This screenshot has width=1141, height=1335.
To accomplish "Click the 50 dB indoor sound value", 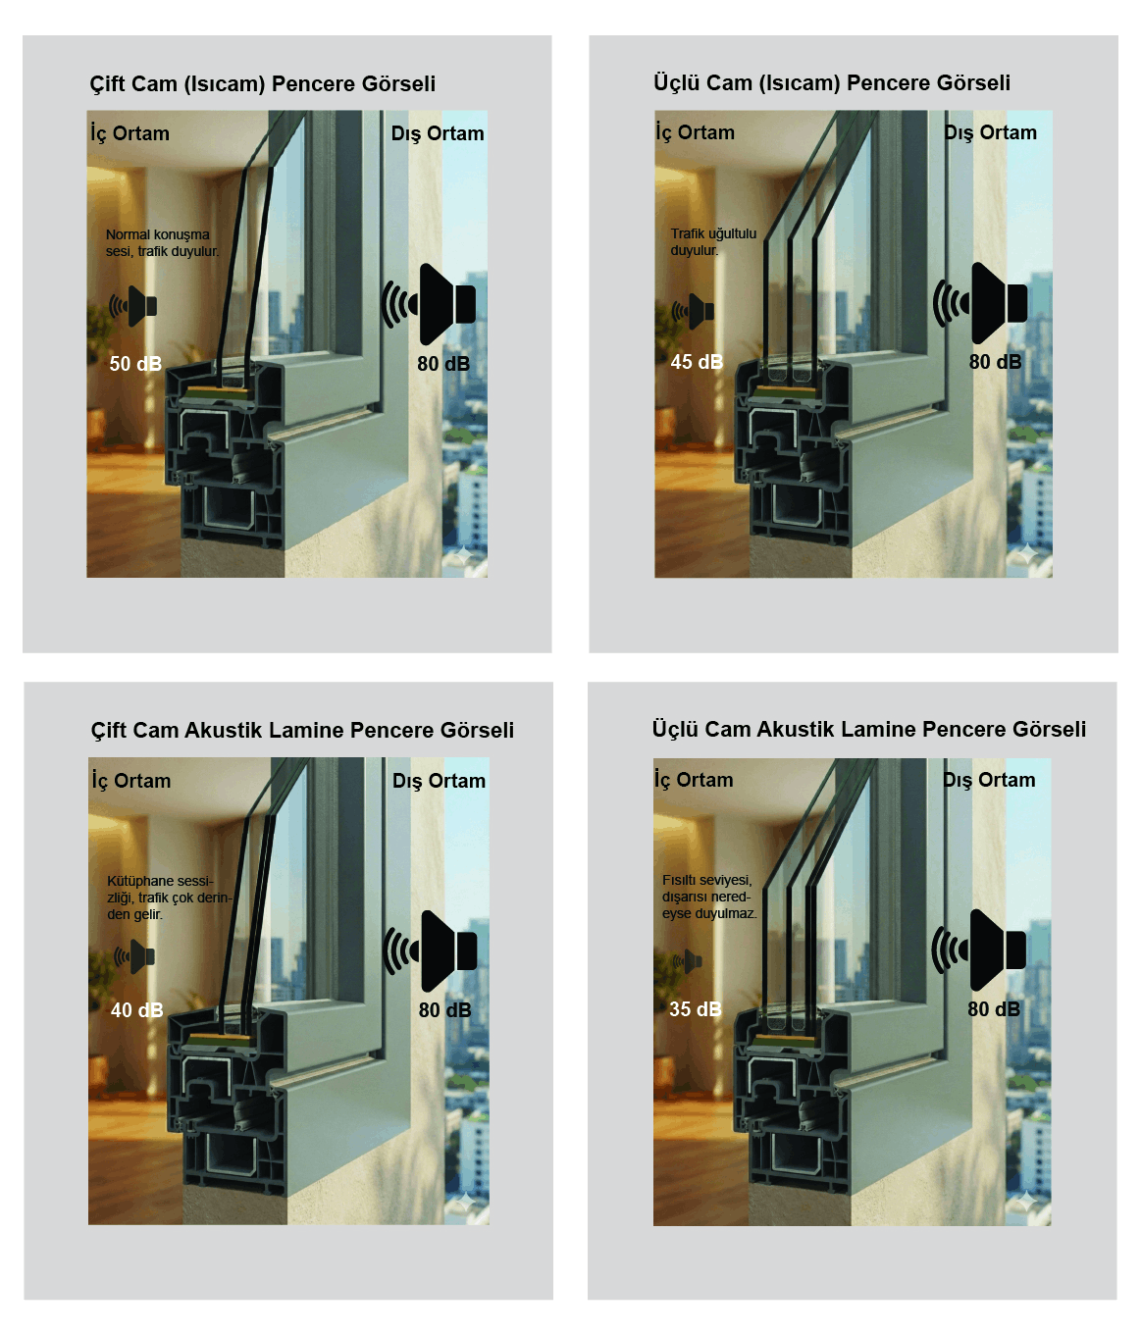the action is [x=135, y=364].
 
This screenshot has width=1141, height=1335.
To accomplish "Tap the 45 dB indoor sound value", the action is [x=697, y=362].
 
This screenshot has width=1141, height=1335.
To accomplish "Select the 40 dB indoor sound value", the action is [x=136, y=1010].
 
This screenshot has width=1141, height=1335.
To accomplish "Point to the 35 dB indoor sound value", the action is [x=696, y=1008].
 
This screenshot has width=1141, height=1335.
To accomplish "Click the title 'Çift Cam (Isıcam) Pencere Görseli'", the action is [x=262, y=84].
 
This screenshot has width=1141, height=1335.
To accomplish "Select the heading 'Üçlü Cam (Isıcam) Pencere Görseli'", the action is [x=832, y=82].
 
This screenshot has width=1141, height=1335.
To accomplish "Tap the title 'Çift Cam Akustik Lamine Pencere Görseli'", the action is [x=302, y=730].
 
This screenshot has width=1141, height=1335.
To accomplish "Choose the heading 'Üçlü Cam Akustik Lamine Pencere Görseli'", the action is [x=869, y=729].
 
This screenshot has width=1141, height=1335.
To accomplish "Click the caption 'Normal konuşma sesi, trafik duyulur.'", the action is [x=162, y=243].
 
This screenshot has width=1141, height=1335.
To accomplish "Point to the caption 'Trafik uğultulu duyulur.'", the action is [x=713, y=241].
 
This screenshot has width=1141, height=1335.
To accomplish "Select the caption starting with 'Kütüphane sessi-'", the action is [x=170, y=898].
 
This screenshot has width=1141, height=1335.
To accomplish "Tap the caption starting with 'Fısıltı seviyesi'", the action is [x=709, y=897].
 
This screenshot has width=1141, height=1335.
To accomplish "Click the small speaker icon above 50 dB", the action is [x=133, y=306].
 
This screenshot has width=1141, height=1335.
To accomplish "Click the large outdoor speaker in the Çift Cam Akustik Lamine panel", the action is [x=431, y=951].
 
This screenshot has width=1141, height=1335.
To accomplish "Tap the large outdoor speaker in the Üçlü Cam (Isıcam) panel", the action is [x=980, y=303].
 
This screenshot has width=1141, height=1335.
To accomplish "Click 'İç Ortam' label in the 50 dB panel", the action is [x=130, y=133].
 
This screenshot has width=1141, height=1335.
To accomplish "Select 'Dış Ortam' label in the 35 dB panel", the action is [x=989, y=780].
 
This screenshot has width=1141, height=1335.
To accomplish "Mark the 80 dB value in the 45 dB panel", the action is [x=995, y=362].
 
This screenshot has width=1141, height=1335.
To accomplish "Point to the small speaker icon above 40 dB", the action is [x=134, y=956].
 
